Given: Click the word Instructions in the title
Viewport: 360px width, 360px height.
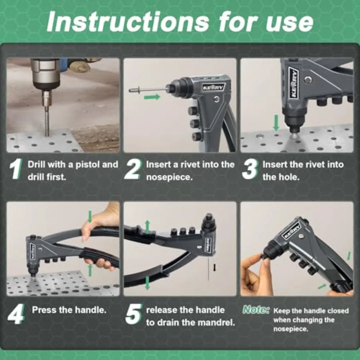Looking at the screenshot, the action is pyautogui.click(x=128, y=22).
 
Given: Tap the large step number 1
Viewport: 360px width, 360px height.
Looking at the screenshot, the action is pyautogui.click(x=16, y=169).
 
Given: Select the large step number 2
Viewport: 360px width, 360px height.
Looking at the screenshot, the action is pyautogui.click(x=132, y=169).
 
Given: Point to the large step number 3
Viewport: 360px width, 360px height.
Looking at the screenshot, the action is pyautogui.click(x=250, y=169).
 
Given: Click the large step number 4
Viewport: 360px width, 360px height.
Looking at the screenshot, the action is pyautogui.click(x=16, y=314).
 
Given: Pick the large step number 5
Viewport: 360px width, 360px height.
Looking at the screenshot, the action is pyautogui.click(x=134, y=314).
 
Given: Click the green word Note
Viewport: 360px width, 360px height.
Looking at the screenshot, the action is pyautogui.click(x=256, y=310).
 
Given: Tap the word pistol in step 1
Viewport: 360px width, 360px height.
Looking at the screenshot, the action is pyautogui.click(x=88, y=165).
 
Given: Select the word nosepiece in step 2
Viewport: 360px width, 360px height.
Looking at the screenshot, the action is pyautogui.click(x=170, y=177).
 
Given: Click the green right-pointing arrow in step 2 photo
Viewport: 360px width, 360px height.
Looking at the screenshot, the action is pyautogui.click(x=152, y=97).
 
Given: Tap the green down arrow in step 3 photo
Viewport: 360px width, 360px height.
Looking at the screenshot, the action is pyautogui.click(x=276, y=123).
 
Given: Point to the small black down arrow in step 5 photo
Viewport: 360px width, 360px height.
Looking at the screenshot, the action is pyautogui.click(x=215, y=267).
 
